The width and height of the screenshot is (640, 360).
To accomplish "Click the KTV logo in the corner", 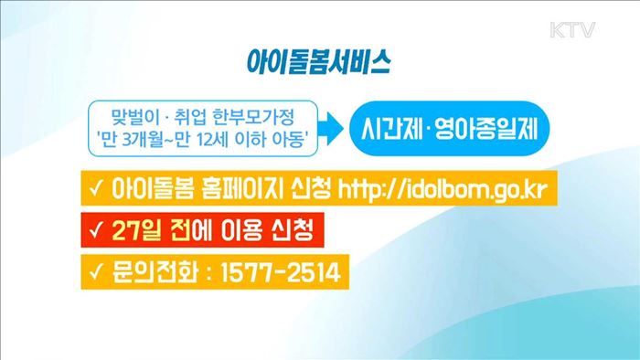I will coord(572,30).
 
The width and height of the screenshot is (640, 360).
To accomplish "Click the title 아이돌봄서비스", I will coord(320,62).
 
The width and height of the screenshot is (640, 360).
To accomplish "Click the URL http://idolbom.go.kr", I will coord(453,190).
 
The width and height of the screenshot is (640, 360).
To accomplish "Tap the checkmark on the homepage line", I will coord(95,190).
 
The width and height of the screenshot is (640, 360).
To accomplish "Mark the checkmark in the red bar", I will coord(95,231).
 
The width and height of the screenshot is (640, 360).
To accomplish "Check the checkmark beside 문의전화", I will coord(95,272).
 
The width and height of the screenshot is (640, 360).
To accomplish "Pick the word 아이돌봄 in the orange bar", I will coord(146,190).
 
